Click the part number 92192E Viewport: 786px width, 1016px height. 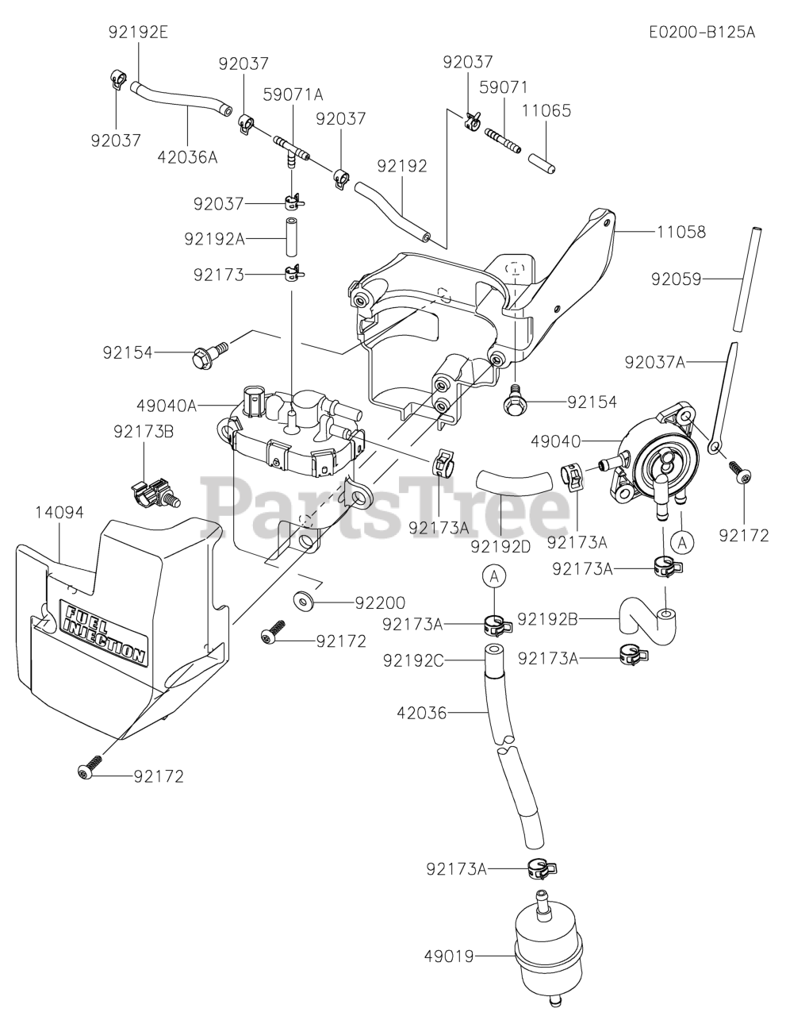[x=139, y=32]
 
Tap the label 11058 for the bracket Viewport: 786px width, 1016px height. [x=681, y=233]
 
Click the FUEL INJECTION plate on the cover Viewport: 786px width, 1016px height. [x=104, y=633]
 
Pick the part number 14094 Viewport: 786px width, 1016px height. [x=59, y=512]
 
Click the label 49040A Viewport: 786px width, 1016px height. [x=167, y=406]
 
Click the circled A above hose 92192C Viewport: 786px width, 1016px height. [x=494, y=577]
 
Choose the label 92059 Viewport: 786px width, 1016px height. [x=677, y=279]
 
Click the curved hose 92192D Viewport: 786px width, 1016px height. [x=512, y=481]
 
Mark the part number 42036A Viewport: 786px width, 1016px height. [x=187, y=156]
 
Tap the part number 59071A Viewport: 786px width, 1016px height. [x=293, y=94]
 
